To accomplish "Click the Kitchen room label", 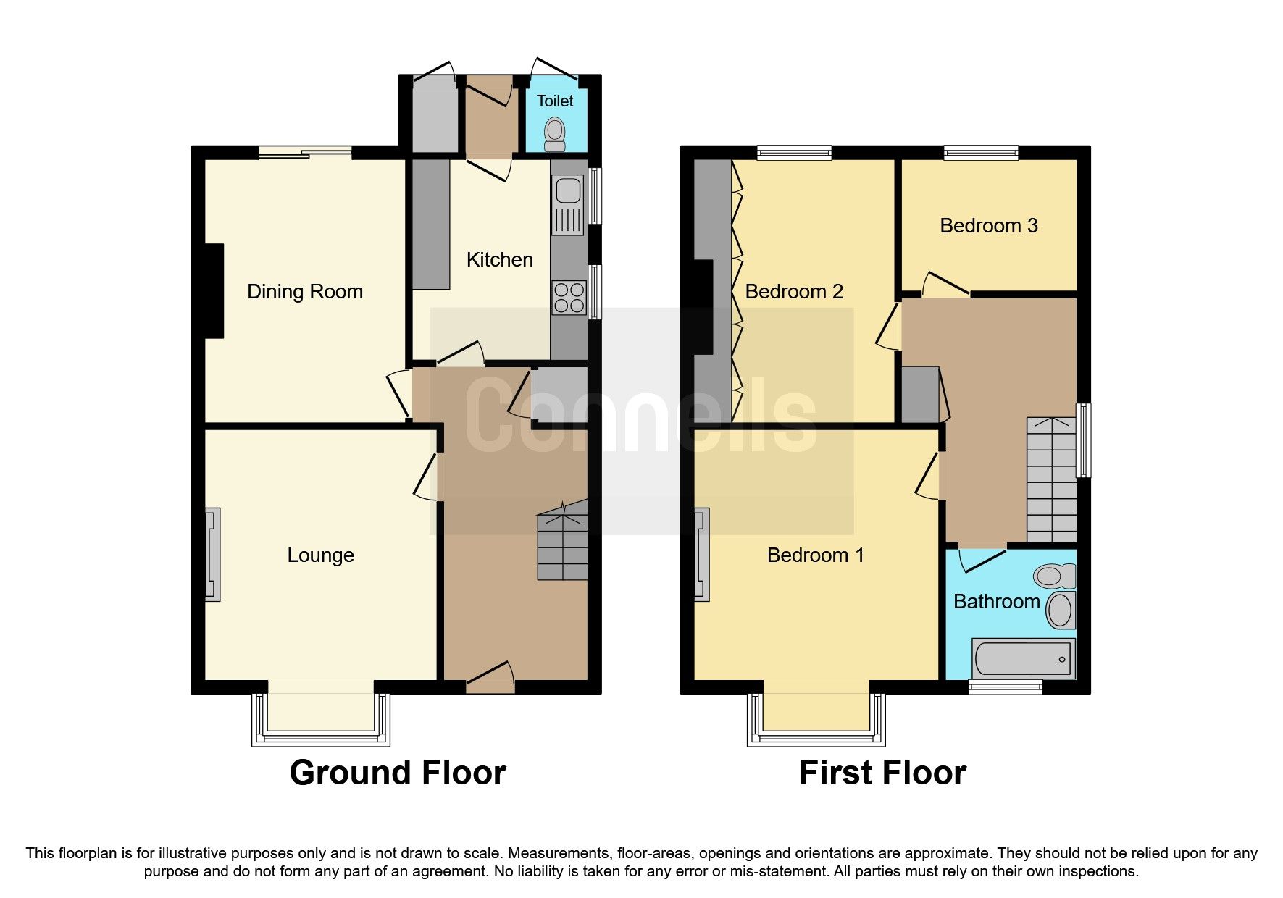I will click(499, 259).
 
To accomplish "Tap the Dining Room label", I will click(304, 291).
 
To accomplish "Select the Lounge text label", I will click(320, 555).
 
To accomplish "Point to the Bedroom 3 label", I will click(988, 225).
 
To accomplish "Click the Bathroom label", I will click(996, 601).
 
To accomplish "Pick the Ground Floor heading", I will click(397, 773).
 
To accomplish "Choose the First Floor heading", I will click(882, 773).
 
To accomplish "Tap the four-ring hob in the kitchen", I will click(569, 298).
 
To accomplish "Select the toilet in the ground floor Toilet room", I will click(555, 133).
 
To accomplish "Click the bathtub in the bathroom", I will click(1023, 659).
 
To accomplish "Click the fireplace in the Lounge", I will click(212, 555).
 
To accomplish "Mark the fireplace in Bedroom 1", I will click(701, 555).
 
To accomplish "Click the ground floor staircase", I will click(562, 547).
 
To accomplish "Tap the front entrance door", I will click(490, 679).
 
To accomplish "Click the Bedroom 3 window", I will click(981, 152).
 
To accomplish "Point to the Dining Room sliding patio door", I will click(305, 152).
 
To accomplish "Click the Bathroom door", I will click(982, 558).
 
